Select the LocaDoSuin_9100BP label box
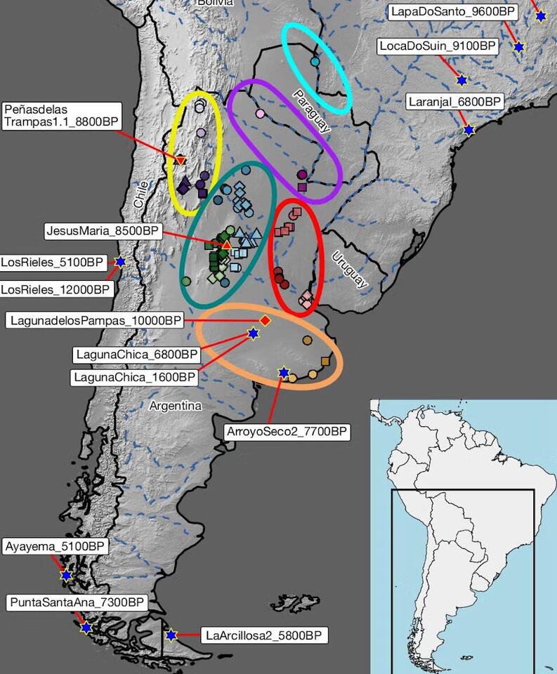point(438,47)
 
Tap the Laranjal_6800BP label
point(455,102)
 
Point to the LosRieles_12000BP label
point(55,289)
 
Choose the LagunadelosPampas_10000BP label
point(96,321)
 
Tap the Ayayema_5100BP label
point(55,546)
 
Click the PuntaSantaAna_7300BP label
point(77,602)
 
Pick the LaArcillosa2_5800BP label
point(264,636)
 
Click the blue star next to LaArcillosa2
point(171,635)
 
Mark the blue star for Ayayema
point(66,576)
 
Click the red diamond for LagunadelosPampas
point(265,320)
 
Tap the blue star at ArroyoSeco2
point(284,372)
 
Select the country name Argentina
point(175,406)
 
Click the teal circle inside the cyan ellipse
point(315,62)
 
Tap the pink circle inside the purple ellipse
point(261,113)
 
